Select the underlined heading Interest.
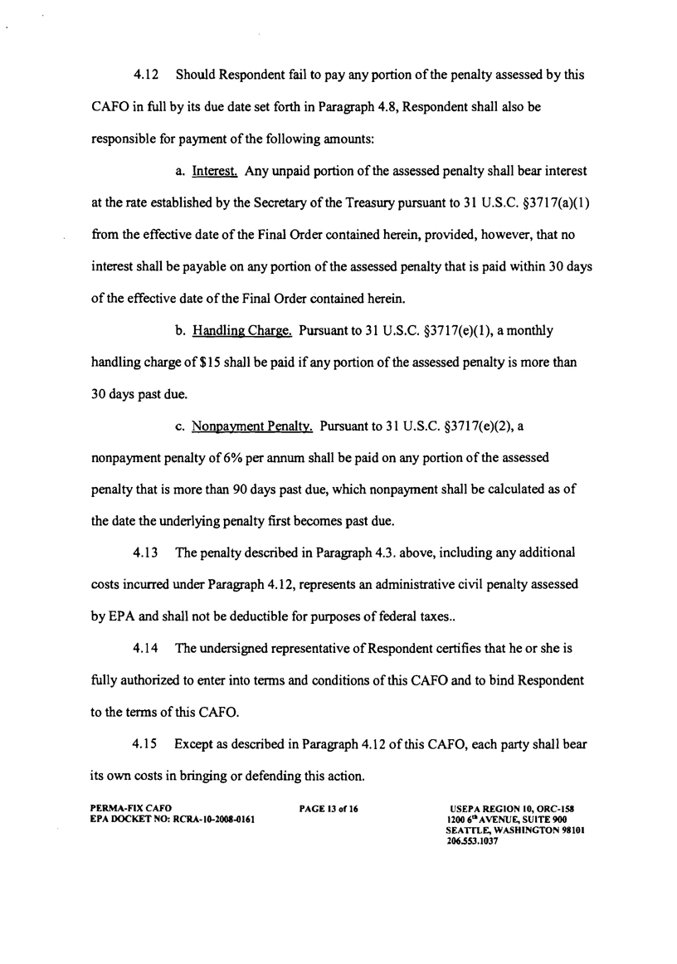(216, 171)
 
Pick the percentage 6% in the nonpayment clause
(188, 458)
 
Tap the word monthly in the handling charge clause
(524, 330)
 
